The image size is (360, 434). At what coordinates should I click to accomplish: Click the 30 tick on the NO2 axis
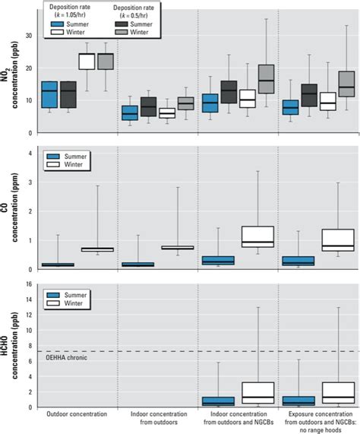point(28,36)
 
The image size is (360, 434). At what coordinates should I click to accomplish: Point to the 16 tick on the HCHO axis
point(28,286)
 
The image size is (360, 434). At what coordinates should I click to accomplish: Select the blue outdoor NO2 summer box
point(49,94)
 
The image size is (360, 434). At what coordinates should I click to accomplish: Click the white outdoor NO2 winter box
point(87,61)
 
